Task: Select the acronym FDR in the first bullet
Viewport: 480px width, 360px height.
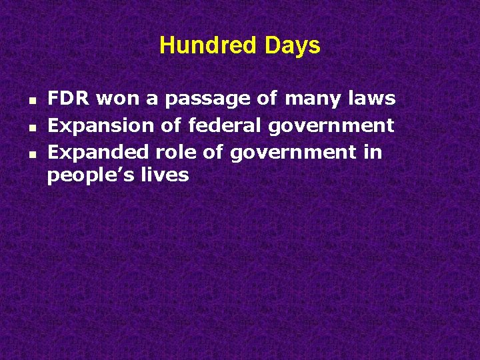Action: point(69,99)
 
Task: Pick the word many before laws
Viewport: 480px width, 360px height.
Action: point(313,99)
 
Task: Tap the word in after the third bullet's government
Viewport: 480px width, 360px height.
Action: point(373,153)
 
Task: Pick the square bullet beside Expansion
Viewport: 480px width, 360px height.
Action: point(33,126)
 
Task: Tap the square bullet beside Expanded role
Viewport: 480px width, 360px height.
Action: point(33,153)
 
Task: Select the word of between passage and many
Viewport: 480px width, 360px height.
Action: point(267,99)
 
